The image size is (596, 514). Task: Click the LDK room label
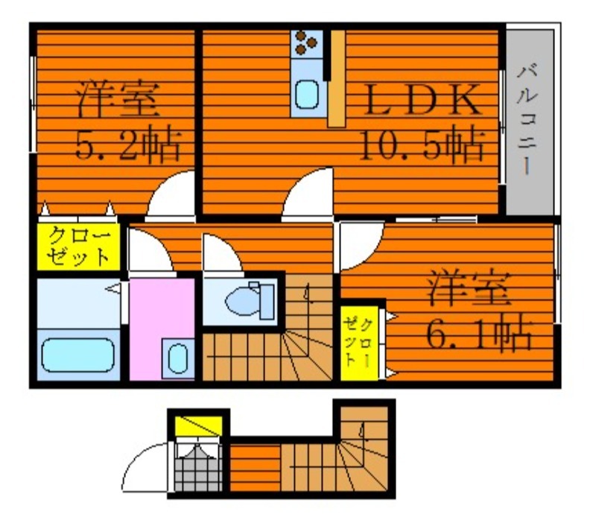pyautogui.click(x=422, y=100)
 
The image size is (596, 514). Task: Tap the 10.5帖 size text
pyautogui.click(x=422, y=145)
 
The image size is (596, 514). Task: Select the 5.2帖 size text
pyautogui.click(x=128, y=145)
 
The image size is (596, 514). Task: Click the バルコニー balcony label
pyautogui.click(x=527, y=119)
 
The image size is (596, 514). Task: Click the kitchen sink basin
pyautogui.click(x=307, y=95)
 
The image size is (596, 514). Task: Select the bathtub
pyautogui.click(x=78, y=355)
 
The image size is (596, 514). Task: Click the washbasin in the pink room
pyautogui.click(x=177, y=358)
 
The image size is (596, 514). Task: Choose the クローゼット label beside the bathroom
pyautogui.click(x=79, y=247)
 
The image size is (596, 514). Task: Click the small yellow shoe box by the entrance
pyautogui.click(x=198, y=426)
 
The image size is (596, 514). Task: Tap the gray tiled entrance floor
pyautogui.click(x=198, y=469)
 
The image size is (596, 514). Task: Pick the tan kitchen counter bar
pyautogui.click(x=337, y=78)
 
